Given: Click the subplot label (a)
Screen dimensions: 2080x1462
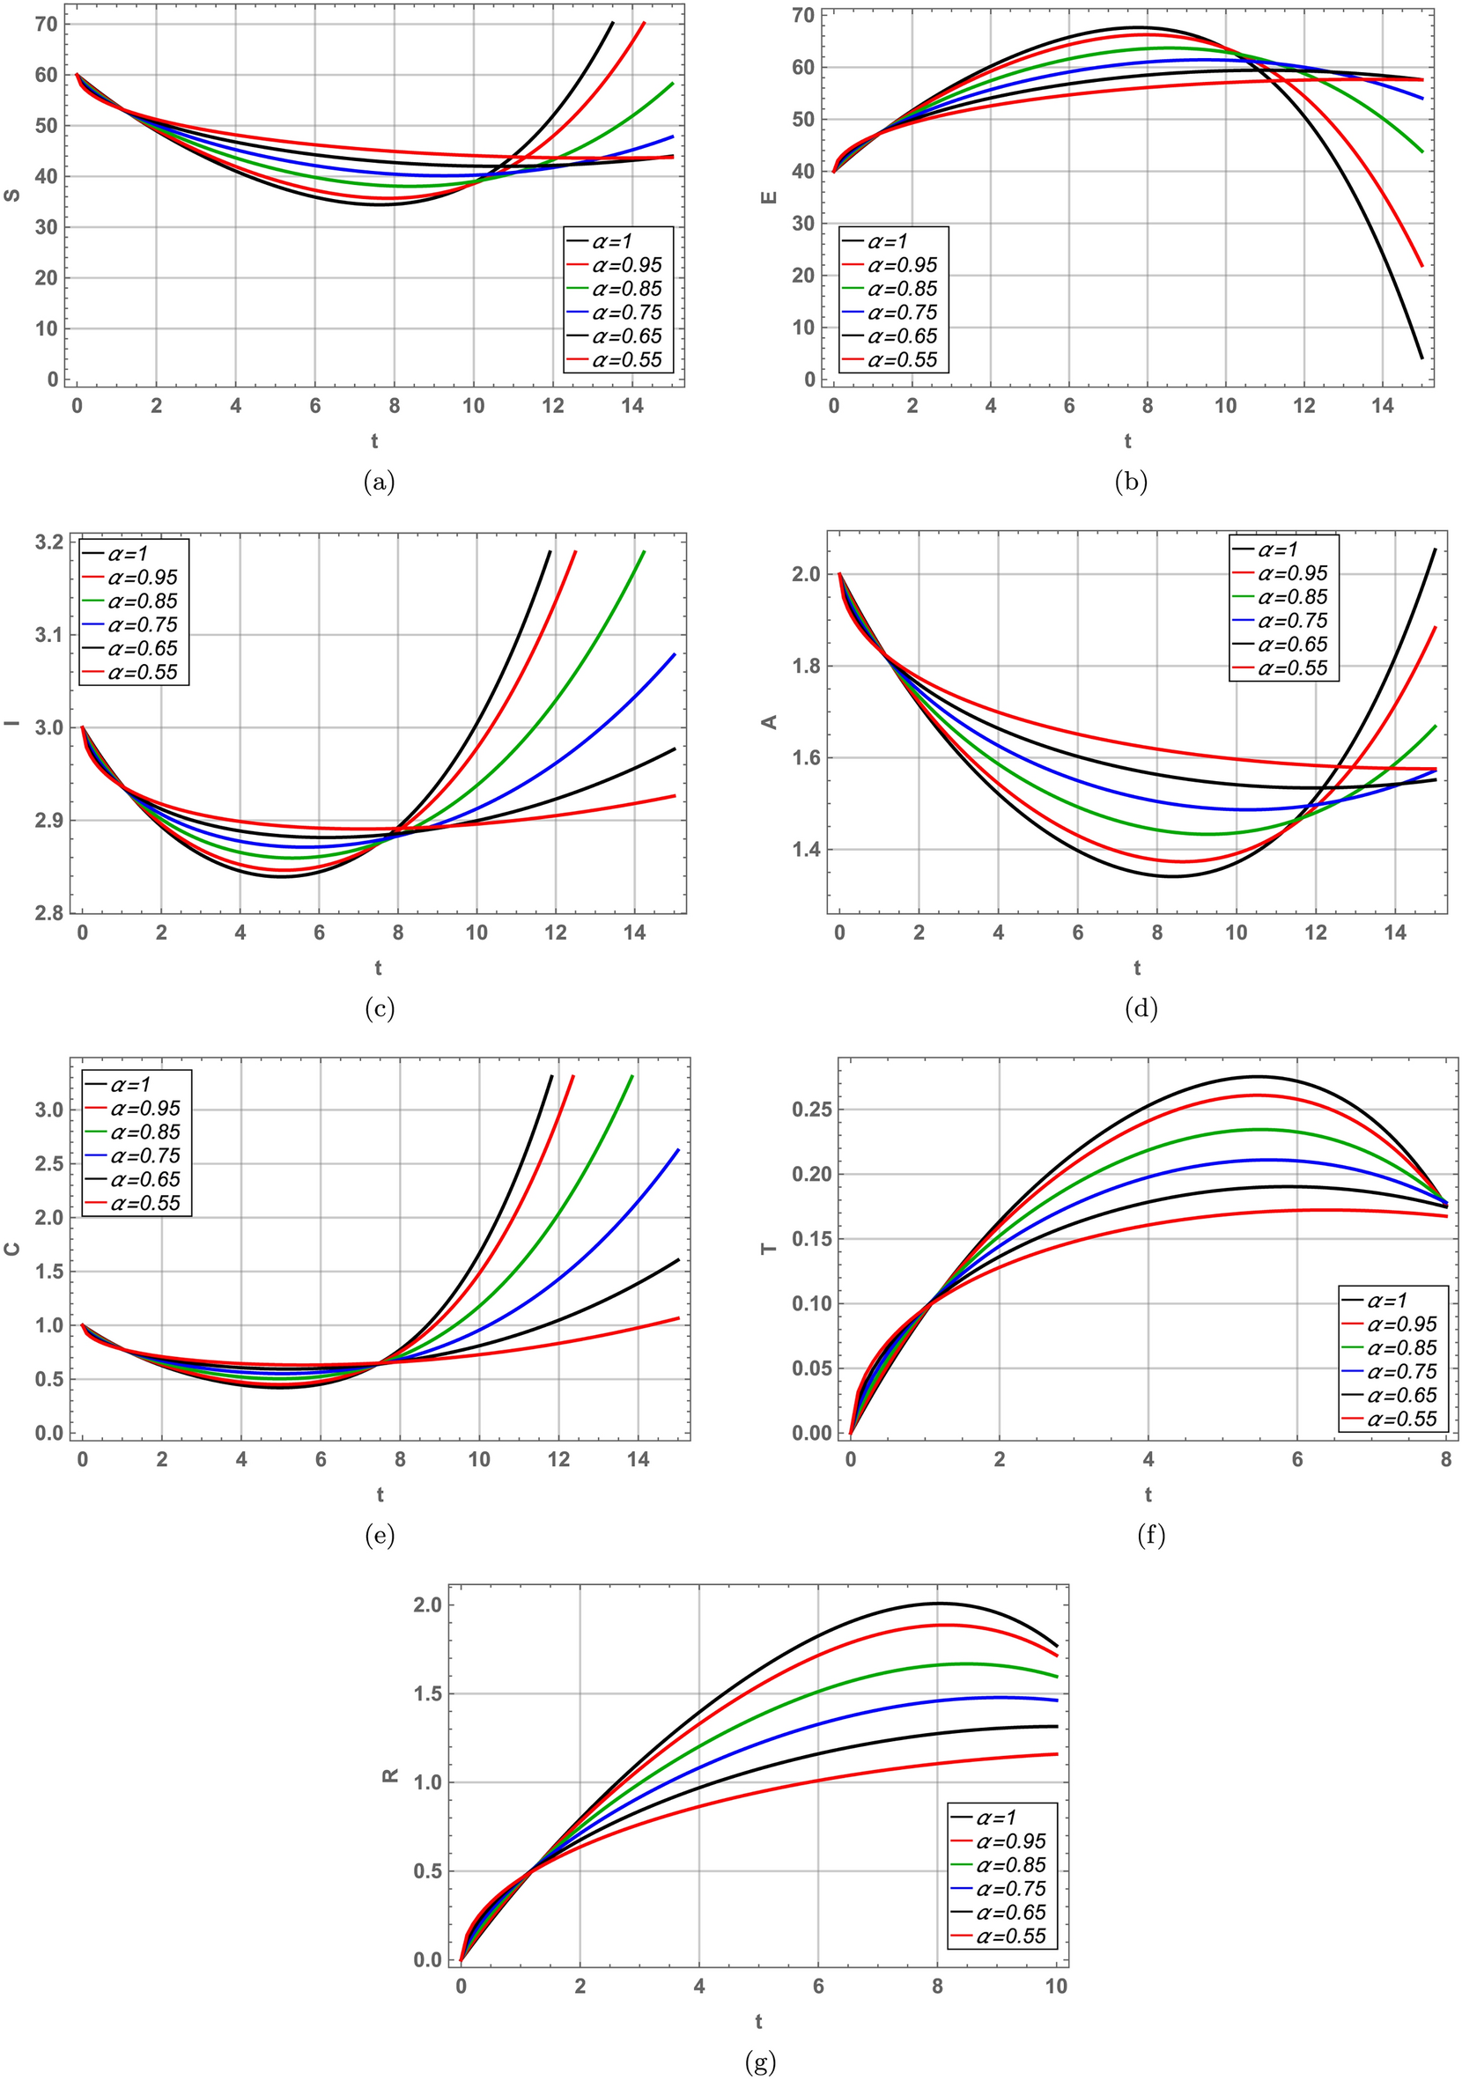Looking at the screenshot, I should point(379,483).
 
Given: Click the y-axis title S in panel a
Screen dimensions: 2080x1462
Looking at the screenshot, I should point(12,195).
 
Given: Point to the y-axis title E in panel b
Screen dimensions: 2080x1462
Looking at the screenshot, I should point(770,195).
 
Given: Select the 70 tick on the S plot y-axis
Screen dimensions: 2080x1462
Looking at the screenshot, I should point(47,25).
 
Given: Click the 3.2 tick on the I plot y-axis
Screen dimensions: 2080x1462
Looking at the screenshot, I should point(50,542).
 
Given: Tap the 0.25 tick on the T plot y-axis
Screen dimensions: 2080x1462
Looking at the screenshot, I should point(811,1110).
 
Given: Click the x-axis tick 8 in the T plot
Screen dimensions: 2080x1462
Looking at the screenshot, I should point(1444,1459).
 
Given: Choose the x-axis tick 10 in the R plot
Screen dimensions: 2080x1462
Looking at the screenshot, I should point(1056,1987).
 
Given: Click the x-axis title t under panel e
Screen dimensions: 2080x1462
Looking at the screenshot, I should point(380,1494).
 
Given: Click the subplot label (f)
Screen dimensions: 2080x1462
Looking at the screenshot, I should point(1149,1536).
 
